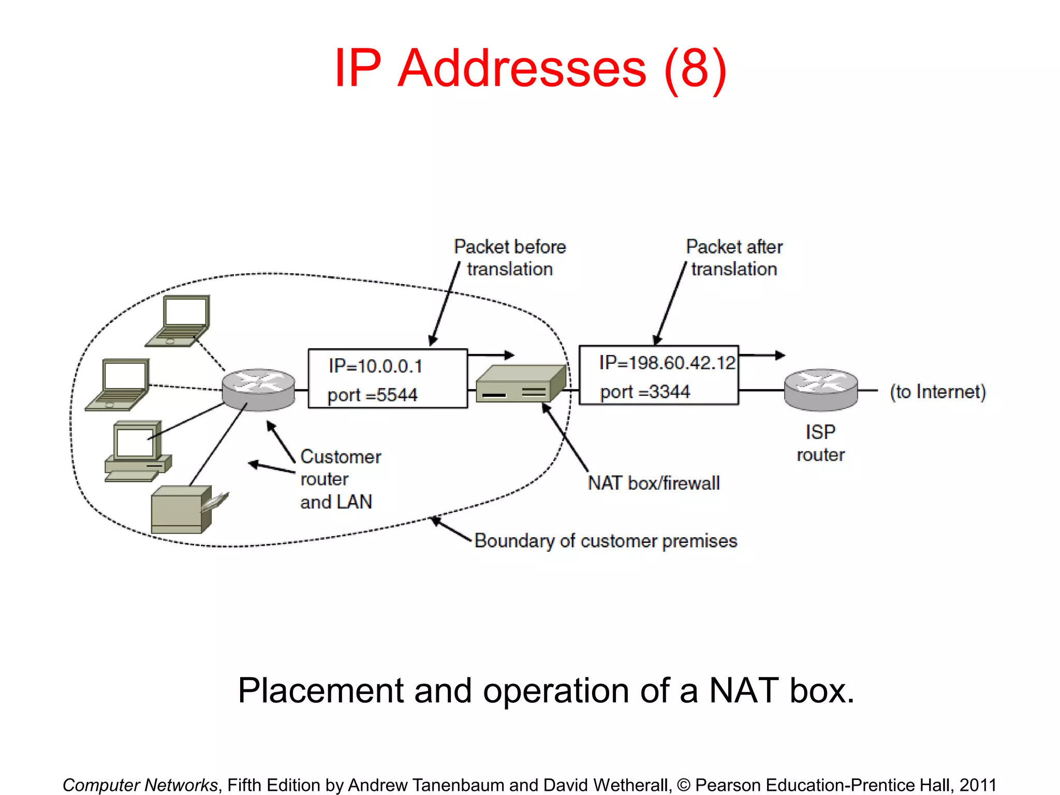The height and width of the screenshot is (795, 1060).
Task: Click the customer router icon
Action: click(x=258, y=389)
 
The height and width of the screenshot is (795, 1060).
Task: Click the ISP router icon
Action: click(x=821, y=389)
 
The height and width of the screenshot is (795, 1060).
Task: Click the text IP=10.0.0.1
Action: click(x=376, y=366)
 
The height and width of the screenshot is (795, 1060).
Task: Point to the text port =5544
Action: click(x=373, y=395)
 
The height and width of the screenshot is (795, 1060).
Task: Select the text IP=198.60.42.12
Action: click(x=667, y=363)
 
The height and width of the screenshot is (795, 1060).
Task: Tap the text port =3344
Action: click(x=645, y=392)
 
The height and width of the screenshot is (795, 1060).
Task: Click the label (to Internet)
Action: click(x=937, y=392)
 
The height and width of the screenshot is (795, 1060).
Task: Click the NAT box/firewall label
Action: click(x=654, y=483)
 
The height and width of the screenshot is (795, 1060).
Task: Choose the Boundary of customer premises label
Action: click(x=606, y=541)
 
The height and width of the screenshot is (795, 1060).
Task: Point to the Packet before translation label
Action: click(x=510, y=258)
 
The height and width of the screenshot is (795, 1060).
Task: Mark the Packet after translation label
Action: click(x=734, y=258)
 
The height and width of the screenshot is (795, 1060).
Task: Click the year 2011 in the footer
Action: click(x=977, y=785)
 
